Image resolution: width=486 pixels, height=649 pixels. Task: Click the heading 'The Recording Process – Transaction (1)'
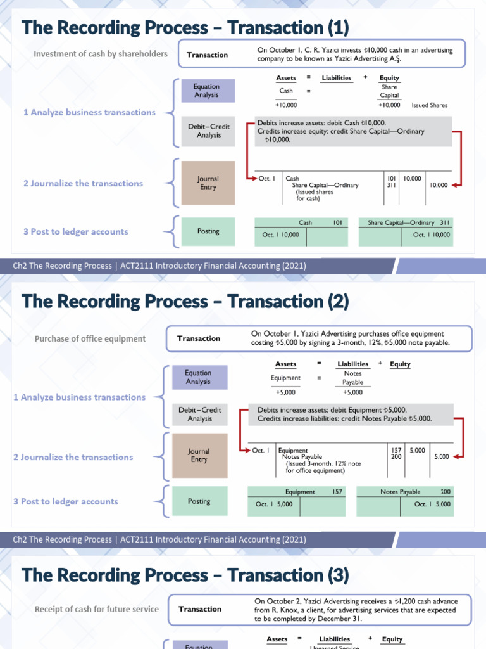[185, 28]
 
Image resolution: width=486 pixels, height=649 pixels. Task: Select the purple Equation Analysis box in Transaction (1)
[207, 91]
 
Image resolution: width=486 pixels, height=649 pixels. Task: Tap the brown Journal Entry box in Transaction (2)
[199, 456]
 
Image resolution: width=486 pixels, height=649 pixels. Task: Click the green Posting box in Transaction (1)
[208, 231]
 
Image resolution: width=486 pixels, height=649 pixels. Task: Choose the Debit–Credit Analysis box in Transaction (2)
[199, 414]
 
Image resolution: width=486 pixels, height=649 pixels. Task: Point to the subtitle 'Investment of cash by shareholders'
[101, 54]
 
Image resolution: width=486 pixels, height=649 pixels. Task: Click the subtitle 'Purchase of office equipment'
[90, 338]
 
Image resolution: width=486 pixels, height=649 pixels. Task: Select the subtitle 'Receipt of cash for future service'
[97, 609]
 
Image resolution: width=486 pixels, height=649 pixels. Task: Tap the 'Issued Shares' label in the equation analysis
[429, 105]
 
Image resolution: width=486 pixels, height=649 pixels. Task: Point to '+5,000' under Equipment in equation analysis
[285, 392]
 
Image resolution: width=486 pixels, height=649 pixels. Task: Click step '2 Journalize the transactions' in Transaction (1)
[83, 183]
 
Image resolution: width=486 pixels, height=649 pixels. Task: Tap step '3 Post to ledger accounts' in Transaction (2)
[65, 501]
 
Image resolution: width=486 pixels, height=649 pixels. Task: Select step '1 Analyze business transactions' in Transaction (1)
[89, 112]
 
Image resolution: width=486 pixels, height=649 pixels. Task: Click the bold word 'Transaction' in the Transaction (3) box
[200, 609]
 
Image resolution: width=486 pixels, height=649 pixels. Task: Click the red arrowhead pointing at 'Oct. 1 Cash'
[251, 179]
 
